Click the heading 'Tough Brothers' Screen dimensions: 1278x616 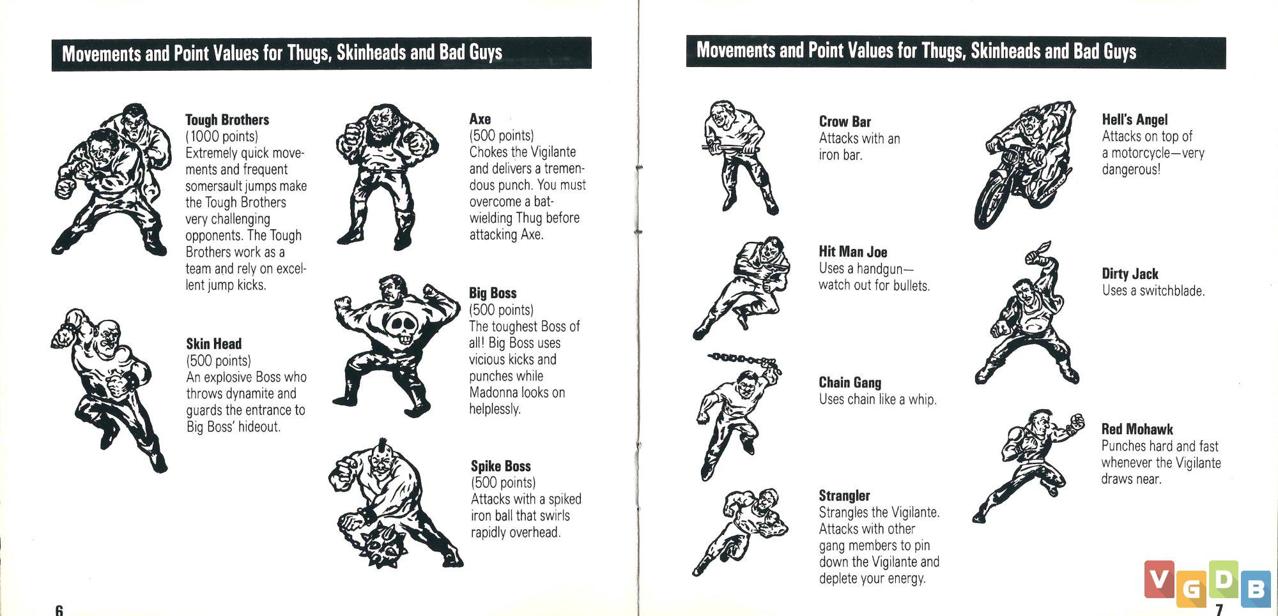[x=227, y=120]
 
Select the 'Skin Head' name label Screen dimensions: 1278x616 [x=213, y=344]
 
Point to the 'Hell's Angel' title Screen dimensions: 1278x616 [x=1134, y=119]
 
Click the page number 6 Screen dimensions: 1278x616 [x=59, y=610]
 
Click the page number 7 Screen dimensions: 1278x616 [x=1219, y=610]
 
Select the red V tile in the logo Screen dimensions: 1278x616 [x=1159, y=579]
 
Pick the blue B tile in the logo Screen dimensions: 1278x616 [x=1256, y=587]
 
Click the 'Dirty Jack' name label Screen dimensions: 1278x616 [x=1130, y=274]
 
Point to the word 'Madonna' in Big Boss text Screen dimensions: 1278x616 [x=493, y=393]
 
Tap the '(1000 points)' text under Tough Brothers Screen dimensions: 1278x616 [x=222, y=137]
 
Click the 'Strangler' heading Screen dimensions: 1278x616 [x=844, y=496]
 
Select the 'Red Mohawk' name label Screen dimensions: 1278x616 [x=1137, y=430]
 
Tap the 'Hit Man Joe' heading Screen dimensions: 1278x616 [x=853, y=252]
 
